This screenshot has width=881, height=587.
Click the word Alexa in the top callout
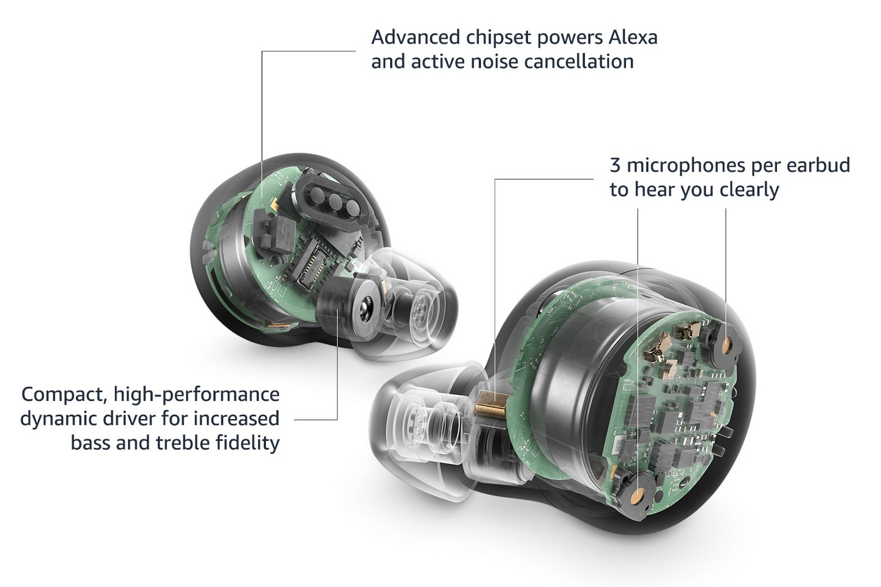pos(633,38)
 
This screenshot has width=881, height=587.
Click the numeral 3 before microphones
pos(616,165)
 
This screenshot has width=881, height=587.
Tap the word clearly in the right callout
pos(749,190)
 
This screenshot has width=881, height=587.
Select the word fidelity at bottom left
pos(248,443)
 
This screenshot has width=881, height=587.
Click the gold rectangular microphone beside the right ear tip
pos(492,404)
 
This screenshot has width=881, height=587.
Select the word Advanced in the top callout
pos(416,38)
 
